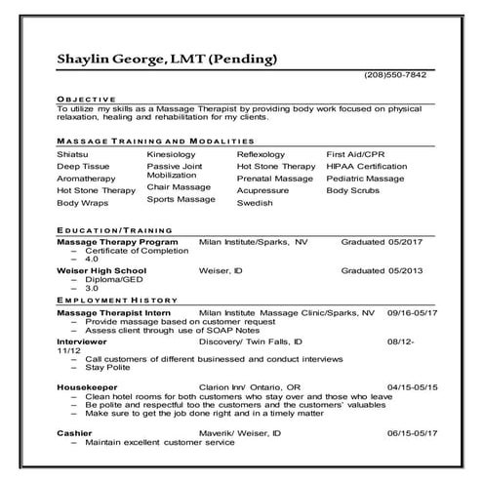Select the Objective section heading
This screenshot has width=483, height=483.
[86, 100]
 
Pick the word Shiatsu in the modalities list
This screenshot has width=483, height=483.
[73, 154]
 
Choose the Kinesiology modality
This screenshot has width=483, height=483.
[171, 154]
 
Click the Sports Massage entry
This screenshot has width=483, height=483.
[181, 199]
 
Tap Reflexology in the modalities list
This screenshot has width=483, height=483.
[261, 154]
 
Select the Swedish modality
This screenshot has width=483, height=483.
[255, 203]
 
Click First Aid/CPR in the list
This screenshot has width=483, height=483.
[355, 154]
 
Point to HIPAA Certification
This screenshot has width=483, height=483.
[366, 167]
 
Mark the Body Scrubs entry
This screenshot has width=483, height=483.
[353, 190]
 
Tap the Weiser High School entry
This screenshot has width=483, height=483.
[101, 269]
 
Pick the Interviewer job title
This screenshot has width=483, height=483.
[82, 342]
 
